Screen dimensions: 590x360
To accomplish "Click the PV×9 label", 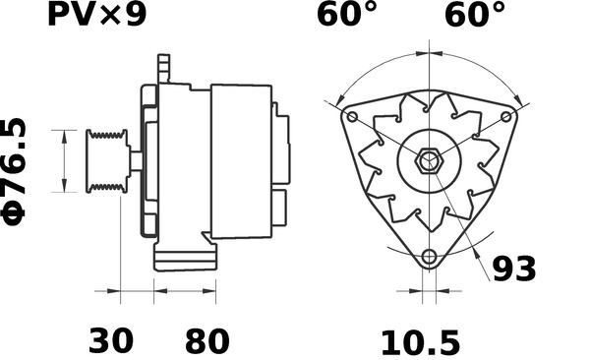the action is click(96, 15).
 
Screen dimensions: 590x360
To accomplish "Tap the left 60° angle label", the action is click(346, 15).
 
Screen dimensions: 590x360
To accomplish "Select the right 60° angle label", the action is click(475, 15).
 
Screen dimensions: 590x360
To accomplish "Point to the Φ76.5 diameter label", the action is click(14, 172).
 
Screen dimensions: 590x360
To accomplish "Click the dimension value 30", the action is click(110, 340).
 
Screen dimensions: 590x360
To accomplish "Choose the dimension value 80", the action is click(206, 340).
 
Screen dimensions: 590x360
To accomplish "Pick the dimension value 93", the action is click(514, 269).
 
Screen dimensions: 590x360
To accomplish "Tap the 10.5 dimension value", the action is click(420, 342).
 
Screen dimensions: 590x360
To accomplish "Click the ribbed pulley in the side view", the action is click(107, 161).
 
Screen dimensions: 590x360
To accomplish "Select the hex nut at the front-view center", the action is click(429, 161).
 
